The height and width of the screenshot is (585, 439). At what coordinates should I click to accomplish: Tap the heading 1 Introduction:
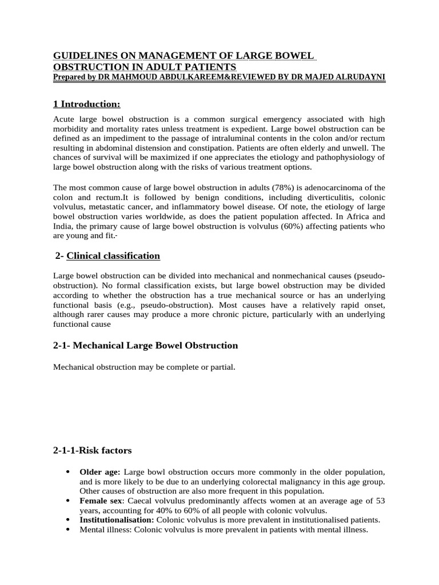pos(86,103)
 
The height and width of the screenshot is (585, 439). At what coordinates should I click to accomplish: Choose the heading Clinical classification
pos(113,255)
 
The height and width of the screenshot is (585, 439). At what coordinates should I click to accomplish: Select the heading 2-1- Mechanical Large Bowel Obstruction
pos(145,346)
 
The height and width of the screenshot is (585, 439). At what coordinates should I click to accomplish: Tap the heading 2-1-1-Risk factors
pos(92,451)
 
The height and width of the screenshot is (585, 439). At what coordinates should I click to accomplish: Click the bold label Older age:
pos(100,472)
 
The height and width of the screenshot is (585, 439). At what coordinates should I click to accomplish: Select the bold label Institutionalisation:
pos(117,520)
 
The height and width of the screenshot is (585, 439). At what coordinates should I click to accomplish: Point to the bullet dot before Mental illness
pos(69,530)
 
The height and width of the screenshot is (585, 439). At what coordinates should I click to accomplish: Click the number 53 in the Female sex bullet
pos(379,501)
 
